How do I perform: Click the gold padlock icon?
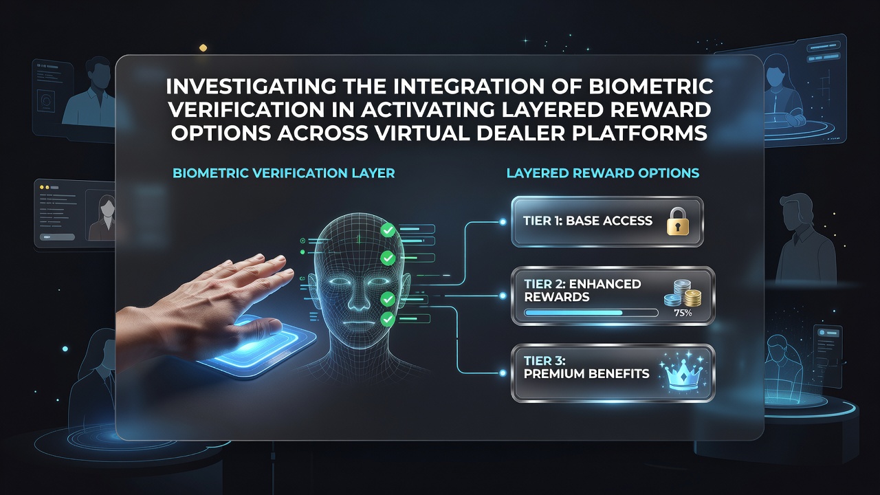[678, 221]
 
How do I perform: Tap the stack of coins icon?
[683, 293]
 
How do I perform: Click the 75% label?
[683, 313]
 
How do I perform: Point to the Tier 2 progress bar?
[591, 313]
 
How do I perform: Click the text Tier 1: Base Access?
[588, 221]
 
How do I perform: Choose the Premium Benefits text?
[586, 373]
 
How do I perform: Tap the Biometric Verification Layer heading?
[284, 173]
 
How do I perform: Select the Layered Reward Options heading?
[603, 173]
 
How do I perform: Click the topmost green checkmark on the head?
[388, 230]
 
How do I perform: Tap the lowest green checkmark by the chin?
[388, 319]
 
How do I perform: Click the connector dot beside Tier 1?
[503, 222]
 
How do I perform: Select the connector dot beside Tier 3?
[503, 373]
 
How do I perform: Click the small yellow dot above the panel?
[203, 48]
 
